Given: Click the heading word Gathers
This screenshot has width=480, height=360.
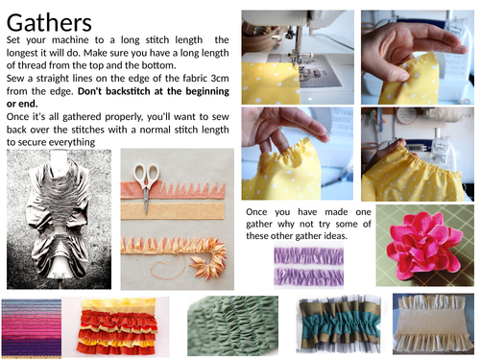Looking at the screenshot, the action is click(49, 22).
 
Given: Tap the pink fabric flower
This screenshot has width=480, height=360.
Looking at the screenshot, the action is click(424, 245).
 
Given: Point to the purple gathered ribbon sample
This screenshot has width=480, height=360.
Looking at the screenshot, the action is click(309, 265).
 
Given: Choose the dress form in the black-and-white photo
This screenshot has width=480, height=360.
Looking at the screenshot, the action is click(60, 219).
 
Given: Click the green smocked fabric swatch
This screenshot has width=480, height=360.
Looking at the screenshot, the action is click(232, 325).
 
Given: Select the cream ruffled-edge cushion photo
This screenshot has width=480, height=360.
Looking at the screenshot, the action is click(433, 324).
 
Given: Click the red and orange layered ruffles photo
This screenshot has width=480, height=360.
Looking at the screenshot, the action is click(117, 327).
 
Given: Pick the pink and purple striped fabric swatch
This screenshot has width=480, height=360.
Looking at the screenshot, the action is click(32, 327).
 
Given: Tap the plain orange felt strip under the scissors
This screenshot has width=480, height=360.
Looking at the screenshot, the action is click(173, 211).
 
